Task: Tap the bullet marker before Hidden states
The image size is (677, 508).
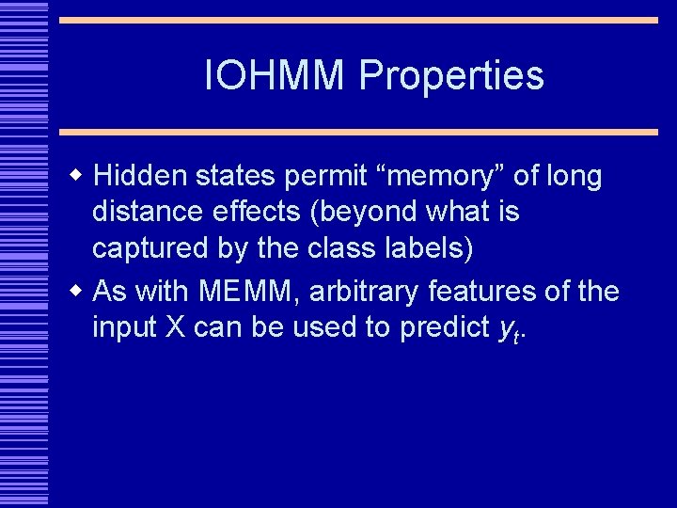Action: [x=79, y=176]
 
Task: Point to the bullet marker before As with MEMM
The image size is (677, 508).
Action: [x=79, y=291]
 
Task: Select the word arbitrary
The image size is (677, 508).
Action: [x=363, y=293]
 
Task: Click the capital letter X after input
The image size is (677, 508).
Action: [x=184, y=328]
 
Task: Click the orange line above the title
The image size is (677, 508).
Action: [x=358, y=20]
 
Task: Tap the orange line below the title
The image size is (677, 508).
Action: [x=358, y=133]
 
